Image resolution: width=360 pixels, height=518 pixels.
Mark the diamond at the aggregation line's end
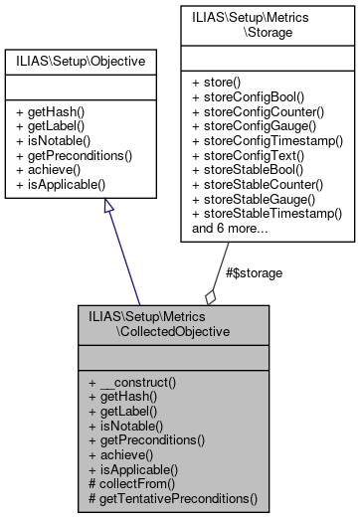tap(210, 296)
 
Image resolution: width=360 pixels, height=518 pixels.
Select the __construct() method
tap(146, 383)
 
